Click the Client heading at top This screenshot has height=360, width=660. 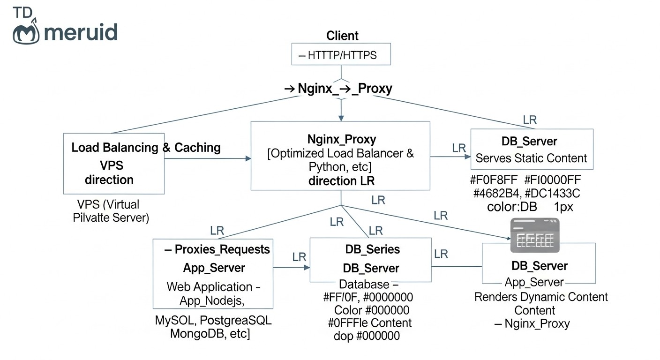(x=342, y=36)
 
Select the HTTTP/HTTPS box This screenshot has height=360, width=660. (x=341, y=54)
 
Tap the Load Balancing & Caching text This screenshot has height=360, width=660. (x=146, y=148)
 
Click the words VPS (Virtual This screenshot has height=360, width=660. (x=108, y=205)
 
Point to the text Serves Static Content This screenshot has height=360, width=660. (x=531, y=158)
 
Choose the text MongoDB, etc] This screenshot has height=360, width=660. (x=210, y=334)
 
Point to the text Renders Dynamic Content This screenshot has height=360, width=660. (x=541, y=297)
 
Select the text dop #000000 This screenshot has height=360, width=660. (x=367, y=336)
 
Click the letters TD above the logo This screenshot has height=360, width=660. (x=22, y=12)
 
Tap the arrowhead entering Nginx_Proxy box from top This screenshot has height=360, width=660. (x=341, y=118)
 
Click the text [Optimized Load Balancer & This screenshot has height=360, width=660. (x=340, y=153)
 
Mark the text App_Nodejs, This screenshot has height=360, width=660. (x=212, y=301)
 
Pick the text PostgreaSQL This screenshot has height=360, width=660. (x=235, y=321)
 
